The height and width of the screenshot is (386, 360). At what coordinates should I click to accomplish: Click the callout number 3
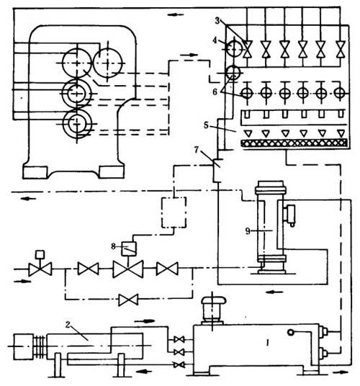coord(217,21)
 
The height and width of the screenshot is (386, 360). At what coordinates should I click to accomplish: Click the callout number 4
coord(215,40)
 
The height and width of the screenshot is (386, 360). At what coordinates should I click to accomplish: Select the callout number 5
coord(206,125)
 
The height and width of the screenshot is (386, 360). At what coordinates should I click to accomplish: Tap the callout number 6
coord(215,92)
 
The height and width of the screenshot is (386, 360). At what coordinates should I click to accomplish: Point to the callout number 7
coord(196,149)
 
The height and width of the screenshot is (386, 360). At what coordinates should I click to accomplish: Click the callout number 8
coord(113,246)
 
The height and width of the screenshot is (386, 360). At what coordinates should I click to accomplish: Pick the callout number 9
coord(248,231)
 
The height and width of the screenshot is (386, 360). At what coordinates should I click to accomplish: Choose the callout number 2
coord(68,325)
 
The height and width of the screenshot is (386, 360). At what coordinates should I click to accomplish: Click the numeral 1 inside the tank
coord(267,342)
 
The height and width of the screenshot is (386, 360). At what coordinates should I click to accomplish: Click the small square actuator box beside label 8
coord(129,249)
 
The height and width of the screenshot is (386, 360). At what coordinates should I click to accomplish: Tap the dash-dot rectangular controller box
coord(174,212)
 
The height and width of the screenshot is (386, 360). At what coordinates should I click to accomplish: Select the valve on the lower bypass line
coord(128,300)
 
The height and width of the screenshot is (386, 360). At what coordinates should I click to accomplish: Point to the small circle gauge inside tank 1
coord(291,332)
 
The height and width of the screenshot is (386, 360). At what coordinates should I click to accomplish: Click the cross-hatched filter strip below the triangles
coord(294,143)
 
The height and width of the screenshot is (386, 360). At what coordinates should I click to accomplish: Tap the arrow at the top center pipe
coord(175,14)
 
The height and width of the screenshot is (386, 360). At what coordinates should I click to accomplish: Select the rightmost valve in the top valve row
coord(341,49)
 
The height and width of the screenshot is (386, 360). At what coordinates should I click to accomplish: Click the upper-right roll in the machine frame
coord(108,63)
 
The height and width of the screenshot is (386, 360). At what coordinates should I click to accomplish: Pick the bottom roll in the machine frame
coord(77,124)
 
